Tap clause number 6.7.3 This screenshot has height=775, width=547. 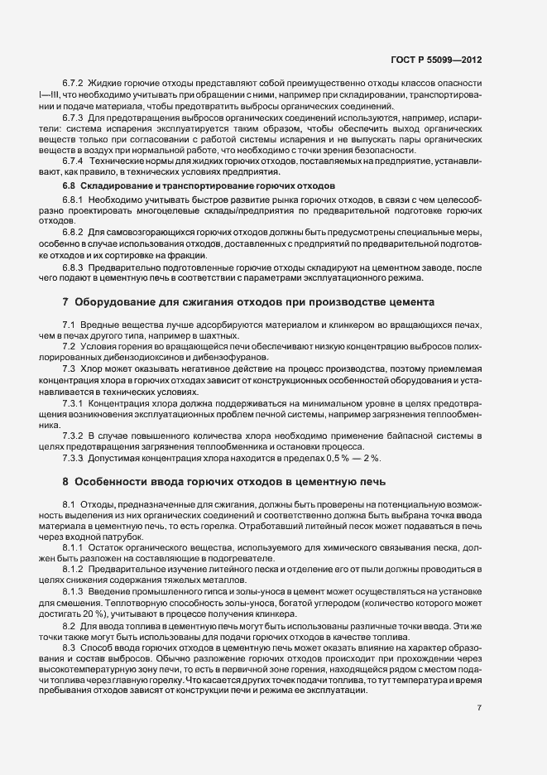[x=73, y=118]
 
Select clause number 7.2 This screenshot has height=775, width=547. [x=69, y=345]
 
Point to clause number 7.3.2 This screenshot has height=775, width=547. [x=73, y=436]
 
